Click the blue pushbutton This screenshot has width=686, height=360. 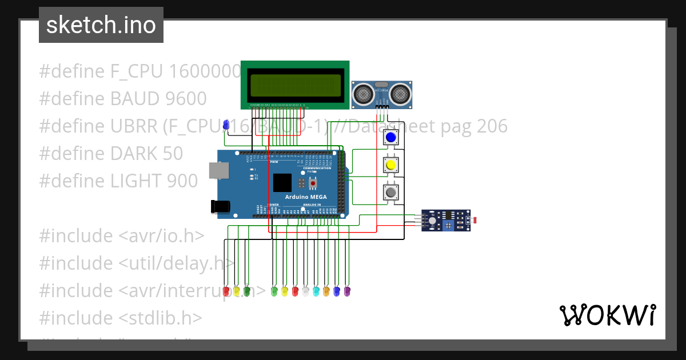point(391,138)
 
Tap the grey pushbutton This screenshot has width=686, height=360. point(391,193)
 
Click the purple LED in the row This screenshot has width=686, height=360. point(346,291)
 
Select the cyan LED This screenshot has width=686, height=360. point(316,291)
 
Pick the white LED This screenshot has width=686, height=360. point(305,291)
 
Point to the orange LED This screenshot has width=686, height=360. point(326,291)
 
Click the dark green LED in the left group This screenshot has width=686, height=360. point(246,291)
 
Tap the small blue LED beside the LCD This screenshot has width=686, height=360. point(226,125)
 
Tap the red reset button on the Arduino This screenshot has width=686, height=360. point(313,183)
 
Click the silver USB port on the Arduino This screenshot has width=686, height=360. point(217,170)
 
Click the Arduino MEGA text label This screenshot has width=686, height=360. point(310,197)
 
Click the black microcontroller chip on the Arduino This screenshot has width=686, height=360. point(282,182)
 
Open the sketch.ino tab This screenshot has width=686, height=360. point(101,25)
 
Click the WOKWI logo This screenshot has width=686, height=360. point(607,315)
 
